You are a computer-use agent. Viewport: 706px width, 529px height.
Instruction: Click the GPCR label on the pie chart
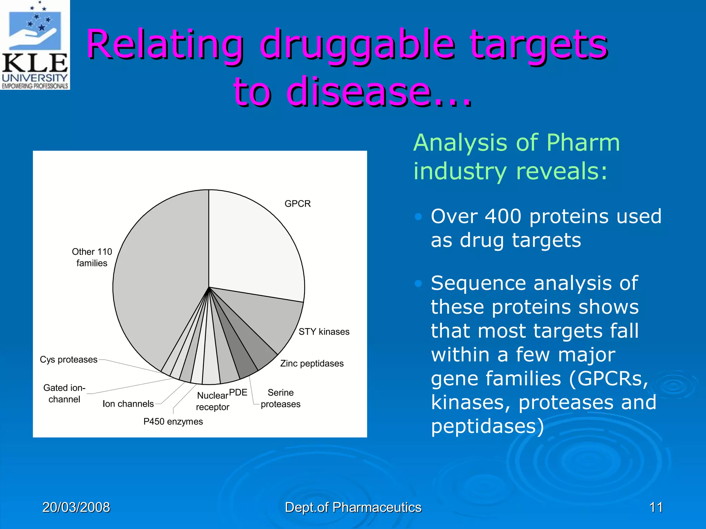click(297, 204)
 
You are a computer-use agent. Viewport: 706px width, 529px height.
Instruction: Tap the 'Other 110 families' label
click(92, 257)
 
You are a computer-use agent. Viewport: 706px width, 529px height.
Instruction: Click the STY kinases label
click(324, 332)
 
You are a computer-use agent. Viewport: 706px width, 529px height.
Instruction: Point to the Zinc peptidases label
click(312, 363)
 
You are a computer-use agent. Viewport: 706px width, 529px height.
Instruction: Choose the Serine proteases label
click(280, 398)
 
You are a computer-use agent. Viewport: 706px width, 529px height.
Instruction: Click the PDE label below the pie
click(238, 392)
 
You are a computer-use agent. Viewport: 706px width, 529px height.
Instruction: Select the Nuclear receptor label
click(213, 401)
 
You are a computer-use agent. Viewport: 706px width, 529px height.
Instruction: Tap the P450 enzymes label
click(173, 422)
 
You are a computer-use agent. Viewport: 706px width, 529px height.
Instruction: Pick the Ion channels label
click(128, 404)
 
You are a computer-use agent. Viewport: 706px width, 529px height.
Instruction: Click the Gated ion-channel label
click(64, 393)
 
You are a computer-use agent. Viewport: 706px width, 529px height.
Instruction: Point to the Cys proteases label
click(69, 360)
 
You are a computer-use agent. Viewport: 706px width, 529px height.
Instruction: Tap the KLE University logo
click(35, 45)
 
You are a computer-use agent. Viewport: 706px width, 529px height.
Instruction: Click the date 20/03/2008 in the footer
click(76, 507)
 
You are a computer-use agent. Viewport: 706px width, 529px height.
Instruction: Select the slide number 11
click(656, 507)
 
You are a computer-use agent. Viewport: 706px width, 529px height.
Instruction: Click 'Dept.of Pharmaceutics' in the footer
click(353, 507)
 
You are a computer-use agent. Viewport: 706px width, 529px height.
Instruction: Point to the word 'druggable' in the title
click(357, 45)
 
